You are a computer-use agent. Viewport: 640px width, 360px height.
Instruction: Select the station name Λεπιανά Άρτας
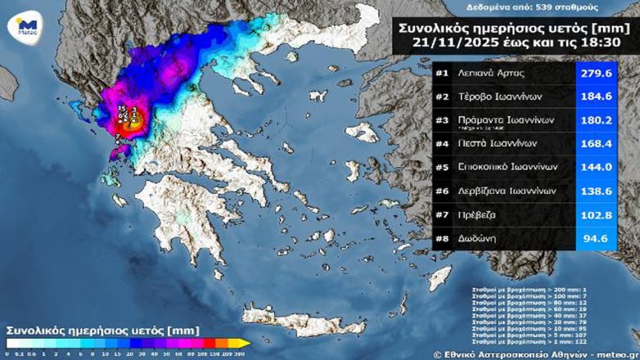tap(491, 74)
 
